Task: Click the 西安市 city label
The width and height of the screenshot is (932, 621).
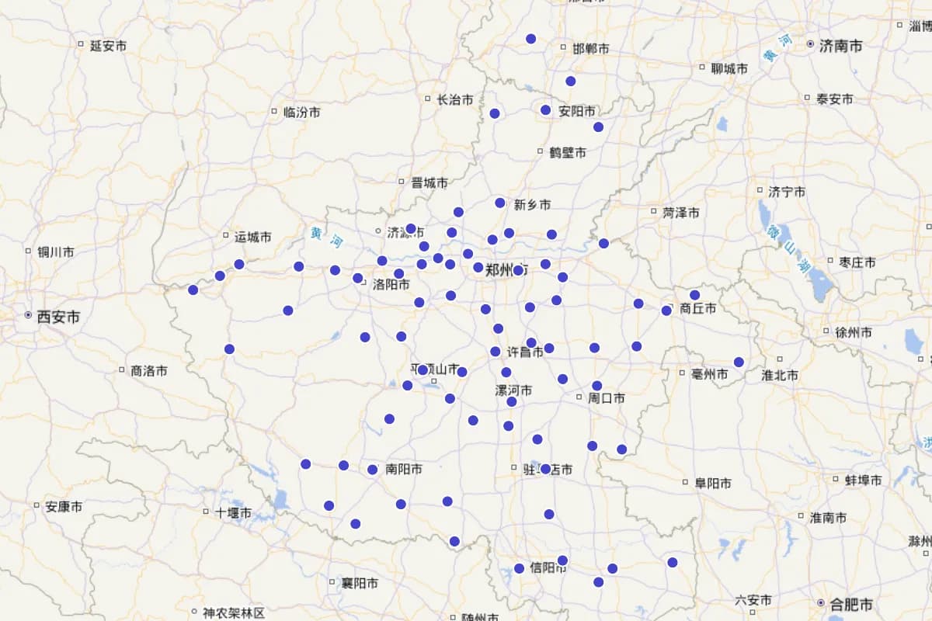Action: click(x=58, y=317)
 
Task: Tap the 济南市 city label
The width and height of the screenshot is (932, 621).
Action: click(x=840, y=46)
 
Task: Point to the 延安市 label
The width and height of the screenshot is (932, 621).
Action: click(x=108, y=46)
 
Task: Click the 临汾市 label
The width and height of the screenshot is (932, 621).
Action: click(x=301, y=112)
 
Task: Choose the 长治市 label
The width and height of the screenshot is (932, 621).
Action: click(x=454, y=99)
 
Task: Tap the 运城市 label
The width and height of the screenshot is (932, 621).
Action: click(x=252, y=236)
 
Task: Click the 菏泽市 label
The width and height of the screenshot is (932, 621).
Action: click(x=680, y=212)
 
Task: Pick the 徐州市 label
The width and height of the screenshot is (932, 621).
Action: click(x=853, y=332)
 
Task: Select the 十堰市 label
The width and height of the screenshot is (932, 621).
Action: click(x=233, y=512)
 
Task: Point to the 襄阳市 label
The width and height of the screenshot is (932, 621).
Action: click(x=360, y=582)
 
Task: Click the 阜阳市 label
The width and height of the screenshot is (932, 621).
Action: click(x=712, y=483)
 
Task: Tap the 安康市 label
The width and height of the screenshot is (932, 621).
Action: click(x=64, y=506)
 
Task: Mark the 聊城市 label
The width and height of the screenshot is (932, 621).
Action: click(x=729, y=68)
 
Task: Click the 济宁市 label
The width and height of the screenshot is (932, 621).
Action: click(x=786, y=191)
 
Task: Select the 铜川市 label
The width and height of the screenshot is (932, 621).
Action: click(x=56, y=252)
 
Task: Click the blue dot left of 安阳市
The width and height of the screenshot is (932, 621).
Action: click(x=546, y=110)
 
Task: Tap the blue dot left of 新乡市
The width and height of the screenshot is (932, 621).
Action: click(x=500, y=203)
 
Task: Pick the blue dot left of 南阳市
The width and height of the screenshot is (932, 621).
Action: click(x=373, y=469)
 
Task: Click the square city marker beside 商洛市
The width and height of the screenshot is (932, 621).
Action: click(x=122, y=369)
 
